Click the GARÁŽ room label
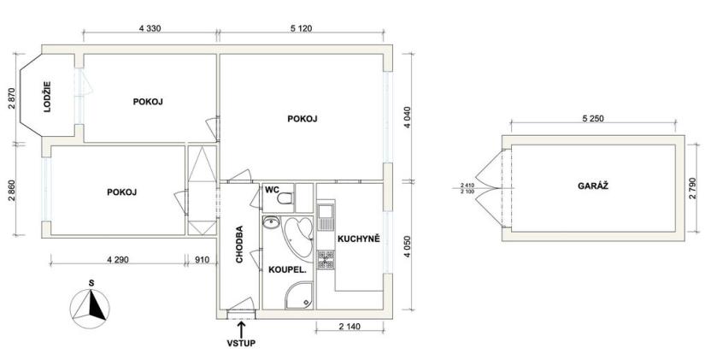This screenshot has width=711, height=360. (x=591, y=186)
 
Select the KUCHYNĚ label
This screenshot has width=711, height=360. (x=358, y=239)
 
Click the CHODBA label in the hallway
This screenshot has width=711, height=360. (x=240, y=245)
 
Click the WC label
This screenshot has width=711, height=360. (x=272, y=191)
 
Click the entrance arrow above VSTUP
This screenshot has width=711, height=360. (x=242, y=328)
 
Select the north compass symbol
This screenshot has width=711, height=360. (x=91, y=304)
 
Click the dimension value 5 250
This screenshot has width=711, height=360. (x=591, y=119)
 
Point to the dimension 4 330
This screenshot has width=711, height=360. (x=150, y=28)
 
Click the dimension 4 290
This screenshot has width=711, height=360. (x=119, y=259)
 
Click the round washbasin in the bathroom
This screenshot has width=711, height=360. (x=271, y=224)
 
